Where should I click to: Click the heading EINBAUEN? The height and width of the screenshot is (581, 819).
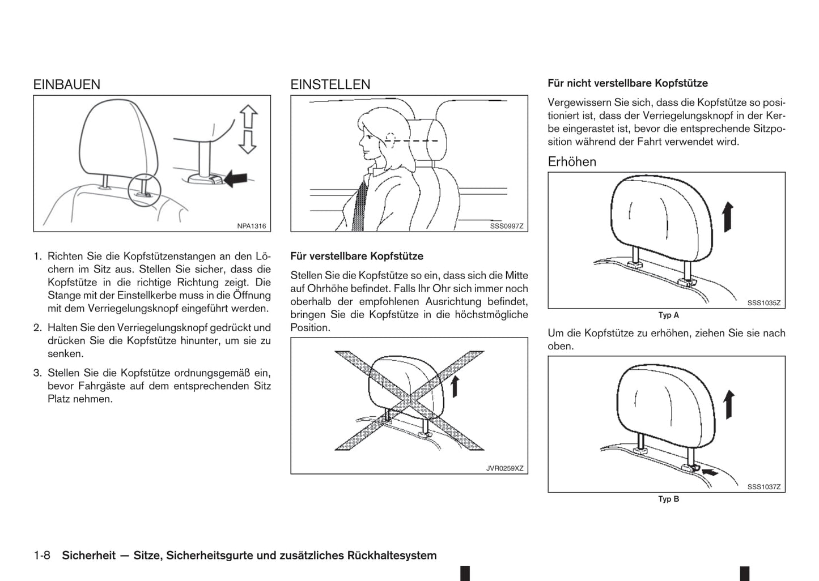[66, 84]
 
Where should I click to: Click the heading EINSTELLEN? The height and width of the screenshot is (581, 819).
[330, 84]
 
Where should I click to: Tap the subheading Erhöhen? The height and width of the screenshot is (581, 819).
[571, 162]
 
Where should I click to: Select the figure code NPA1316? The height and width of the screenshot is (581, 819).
[251, 226]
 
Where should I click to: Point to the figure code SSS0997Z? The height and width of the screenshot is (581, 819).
[506, 226]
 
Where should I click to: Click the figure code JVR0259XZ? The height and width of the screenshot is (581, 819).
[504, 468]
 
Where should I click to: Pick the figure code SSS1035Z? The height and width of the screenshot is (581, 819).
[763, 303]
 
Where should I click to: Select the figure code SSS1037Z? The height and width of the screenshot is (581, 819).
[763, 486]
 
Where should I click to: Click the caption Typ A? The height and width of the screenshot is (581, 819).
[668, 315]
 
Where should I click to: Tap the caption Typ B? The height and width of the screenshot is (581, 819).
[668, 499]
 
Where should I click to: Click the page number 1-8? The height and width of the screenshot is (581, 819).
[42, 556]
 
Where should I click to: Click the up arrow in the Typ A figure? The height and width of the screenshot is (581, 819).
[728, 217]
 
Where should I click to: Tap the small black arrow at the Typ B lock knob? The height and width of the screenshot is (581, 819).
[709, 471]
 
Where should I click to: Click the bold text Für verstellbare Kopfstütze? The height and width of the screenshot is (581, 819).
[357, 257]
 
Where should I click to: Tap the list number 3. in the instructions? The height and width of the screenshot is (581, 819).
[38, 373]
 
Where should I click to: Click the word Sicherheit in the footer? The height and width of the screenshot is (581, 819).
[88, 556]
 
